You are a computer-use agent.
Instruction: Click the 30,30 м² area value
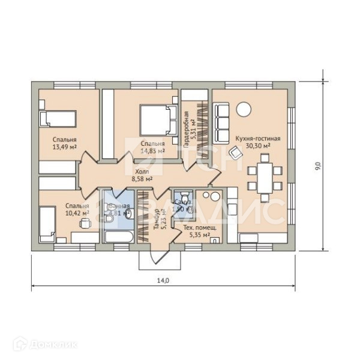(x=258, y=145)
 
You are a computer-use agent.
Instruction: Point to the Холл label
(x=142, y=170)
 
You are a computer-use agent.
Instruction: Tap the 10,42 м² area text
(x=77, y=213)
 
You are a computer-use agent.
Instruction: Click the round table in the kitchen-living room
(x=244, y=109)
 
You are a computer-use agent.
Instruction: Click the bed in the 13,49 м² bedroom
(x=59, y=118)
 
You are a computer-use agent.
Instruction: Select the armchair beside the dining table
(x=236, y=152)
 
